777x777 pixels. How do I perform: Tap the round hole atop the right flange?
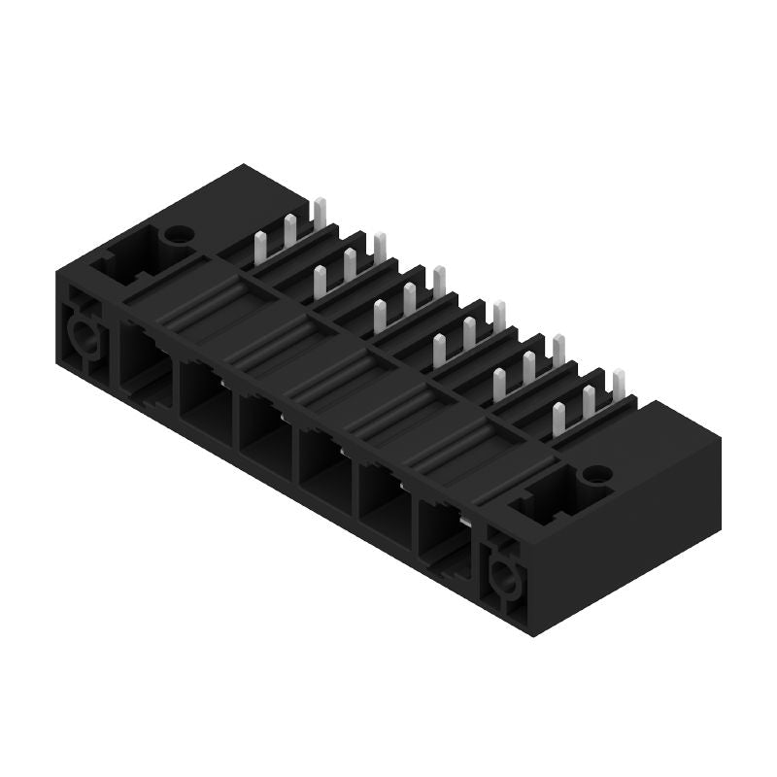click(591, 476)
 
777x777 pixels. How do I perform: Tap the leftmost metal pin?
click(259, 248)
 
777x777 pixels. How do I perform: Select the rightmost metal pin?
click(618, 384)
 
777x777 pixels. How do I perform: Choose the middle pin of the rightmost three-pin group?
click(589, 400)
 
